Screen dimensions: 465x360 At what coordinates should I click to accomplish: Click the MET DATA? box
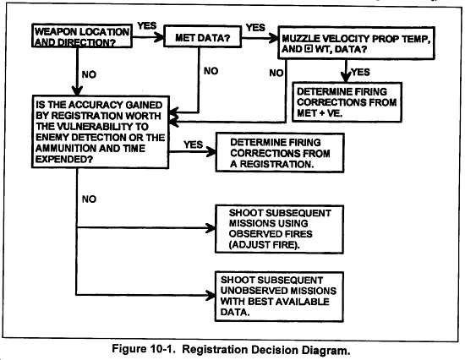coord(203,37)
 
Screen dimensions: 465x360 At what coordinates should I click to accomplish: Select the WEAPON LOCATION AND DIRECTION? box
coord(82,35)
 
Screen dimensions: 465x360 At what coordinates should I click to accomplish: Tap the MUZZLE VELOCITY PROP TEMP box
coord(356,43)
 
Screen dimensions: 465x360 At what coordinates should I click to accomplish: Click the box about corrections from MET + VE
coord(347,102)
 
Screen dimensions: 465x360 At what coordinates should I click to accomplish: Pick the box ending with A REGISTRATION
coord(280,153)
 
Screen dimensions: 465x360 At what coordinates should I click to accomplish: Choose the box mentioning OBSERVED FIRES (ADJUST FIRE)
coord(279,229)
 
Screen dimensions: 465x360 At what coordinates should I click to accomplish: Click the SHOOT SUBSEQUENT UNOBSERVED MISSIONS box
coord(279,297)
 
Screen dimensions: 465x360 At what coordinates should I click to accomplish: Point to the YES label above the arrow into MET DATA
coord(147,26)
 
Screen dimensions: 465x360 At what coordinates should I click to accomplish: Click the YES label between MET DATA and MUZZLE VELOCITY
coord(255,28)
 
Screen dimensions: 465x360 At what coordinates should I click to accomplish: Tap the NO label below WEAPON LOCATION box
coord(89,74)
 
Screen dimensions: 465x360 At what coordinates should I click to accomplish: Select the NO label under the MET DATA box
coord(211,71)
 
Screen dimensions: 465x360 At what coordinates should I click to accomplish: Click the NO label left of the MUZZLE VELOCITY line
coord(276,73)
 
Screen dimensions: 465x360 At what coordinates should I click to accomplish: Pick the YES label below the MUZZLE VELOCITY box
coord(360,72)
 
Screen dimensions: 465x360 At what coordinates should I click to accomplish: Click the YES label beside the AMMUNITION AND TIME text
coord(193,145)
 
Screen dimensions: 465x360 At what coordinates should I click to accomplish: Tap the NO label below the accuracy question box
coord(89,199)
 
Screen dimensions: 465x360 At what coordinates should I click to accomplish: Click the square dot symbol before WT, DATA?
coord(309,49)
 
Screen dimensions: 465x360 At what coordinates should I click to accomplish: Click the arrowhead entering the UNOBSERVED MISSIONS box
coord(211,296)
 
